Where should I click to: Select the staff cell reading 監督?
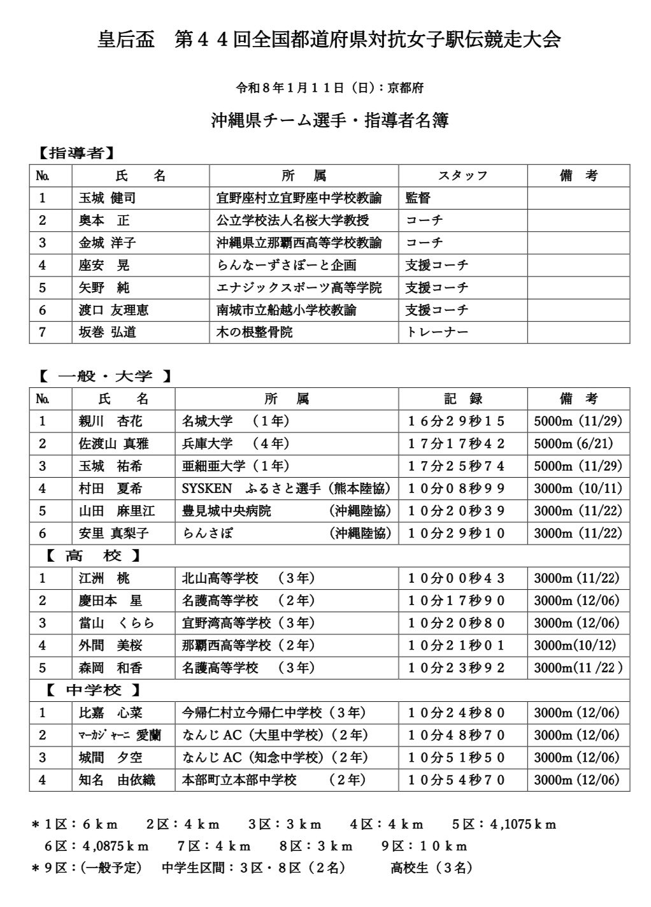(x=418, y=198)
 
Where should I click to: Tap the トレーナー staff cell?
(x=437, y=332)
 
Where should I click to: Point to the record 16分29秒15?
(x=456, y=421)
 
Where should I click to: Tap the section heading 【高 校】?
(x=94, y=555)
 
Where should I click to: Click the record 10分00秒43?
(x=456, y=578)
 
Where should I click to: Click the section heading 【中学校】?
(x=94, y=690)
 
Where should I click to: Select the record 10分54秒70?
(x=456, y=780)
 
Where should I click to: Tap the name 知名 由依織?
(x=117, y=780)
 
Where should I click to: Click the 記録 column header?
(x=463, y=399)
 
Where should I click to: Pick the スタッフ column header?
(x=463, y=176)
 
